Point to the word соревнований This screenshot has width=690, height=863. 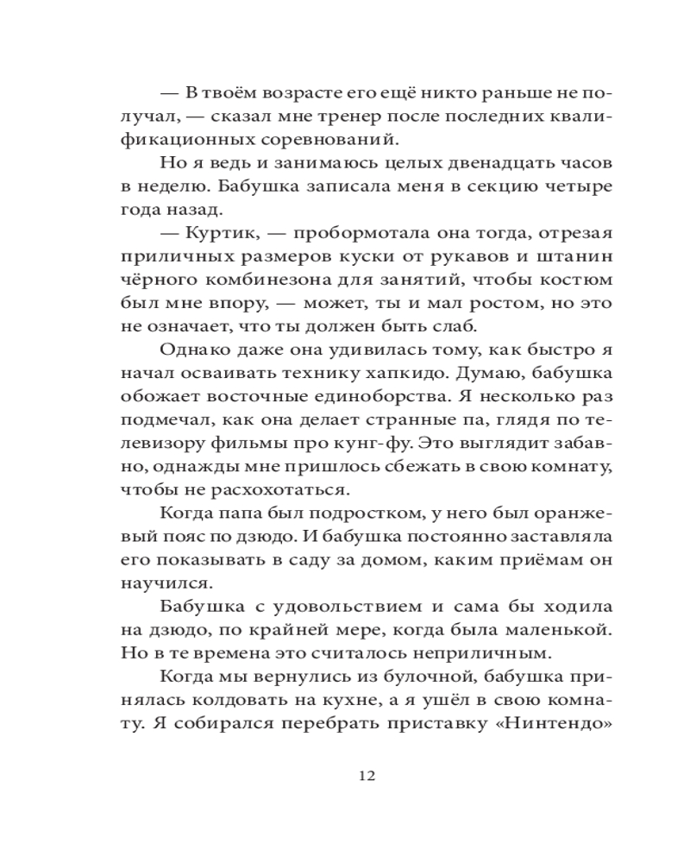pos(337,138)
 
